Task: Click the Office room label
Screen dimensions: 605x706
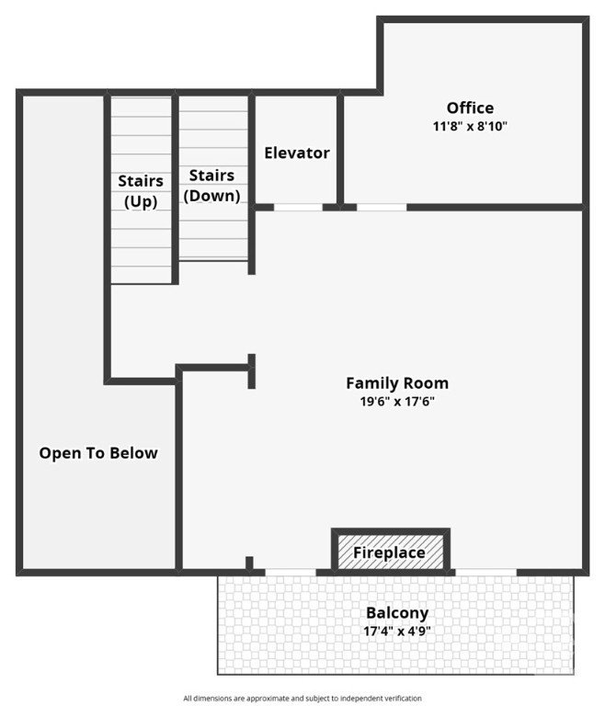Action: [x=470, y=108]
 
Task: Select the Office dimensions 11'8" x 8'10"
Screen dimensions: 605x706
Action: [x=470, y=126]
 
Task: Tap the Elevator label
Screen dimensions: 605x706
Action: [x=297, y=154]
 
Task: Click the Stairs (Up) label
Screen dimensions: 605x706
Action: [x=141, y=190]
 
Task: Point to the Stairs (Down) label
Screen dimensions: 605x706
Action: [x=211, y=185]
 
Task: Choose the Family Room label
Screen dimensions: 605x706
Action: [x=397, y=383]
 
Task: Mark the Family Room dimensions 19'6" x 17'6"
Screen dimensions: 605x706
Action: [x=397, y=401]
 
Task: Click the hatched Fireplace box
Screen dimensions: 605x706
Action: [x=390, y=552]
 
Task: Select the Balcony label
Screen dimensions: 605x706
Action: [x=397, y=613]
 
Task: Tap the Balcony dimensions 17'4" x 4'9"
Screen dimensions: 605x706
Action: [x=397, y=632]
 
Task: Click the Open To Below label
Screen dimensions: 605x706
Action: [x=98, y=453]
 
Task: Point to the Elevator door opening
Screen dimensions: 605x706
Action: [x=298, y=207]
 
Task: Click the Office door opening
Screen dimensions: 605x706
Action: [x=382, y=207]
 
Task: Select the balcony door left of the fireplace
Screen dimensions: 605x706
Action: [x=291, y=573]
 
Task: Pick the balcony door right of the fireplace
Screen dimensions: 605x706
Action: [x=486, y=573]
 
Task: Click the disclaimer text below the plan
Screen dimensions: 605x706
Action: [x=302, y=699]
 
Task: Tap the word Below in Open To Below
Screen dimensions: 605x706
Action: [x=134, y=453]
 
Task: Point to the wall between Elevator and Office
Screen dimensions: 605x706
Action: [x=340, y=151]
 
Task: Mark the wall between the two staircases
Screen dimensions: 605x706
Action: [x=176, y=189]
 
